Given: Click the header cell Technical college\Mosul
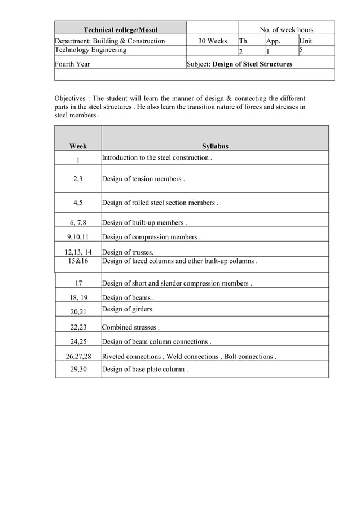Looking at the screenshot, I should [120, 30].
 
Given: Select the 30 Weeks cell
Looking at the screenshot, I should [212, 41].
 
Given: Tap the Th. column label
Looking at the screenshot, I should [244, 41].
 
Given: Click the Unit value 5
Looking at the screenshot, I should [302, 50].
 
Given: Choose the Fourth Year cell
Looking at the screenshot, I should [72, 64].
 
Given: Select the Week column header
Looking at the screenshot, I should [78, 146].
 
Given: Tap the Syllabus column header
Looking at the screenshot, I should [215, 146].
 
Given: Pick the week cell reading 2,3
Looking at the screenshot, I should [78, 179].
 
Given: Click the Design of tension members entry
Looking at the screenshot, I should [143, 179].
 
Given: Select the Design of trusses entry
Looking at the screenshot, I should [128, 252].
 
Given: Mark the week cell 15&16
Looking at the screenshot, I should [78, 261].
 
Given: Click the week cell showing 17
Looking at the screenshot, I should [78, 283].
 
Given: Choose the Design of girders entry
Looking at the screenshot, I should [128, 309].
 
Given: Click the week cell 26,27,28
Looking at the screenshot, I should [78, 357].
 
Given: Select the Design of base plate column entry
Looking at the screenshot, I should [145, 370].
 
